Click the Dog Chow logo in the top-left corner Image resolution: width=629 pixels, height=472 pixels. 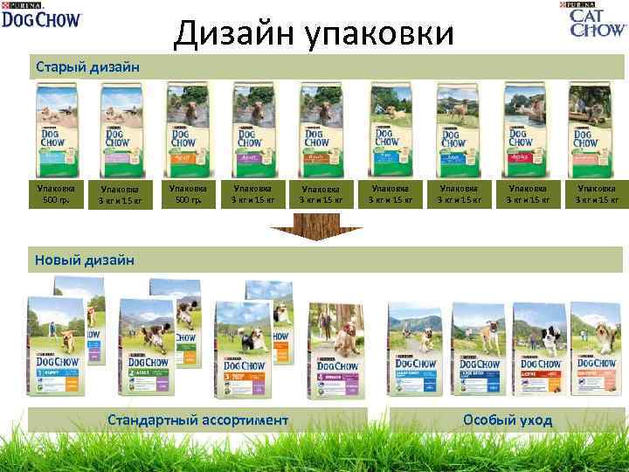pyautogui.click(x=41, y=15)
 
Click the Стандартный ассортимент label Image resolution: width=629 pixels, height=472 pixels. pyautogui.click(x=197, y=420)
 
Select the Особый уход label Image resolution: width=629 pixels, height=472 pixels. pyautogui.click(x=508, y=420)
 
